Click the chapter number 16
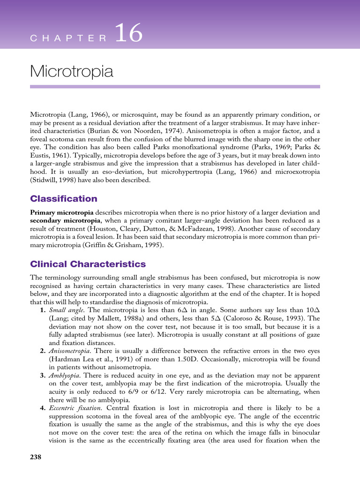[x=128, y=35]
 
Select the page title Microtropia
[x=71, y=72]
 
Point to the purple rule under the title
[x=175, y=87]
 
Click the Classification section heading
[x=64, y=199]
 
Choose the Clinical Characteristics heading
[x=88, y=264]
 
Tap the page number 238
[x=36, y=457]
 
